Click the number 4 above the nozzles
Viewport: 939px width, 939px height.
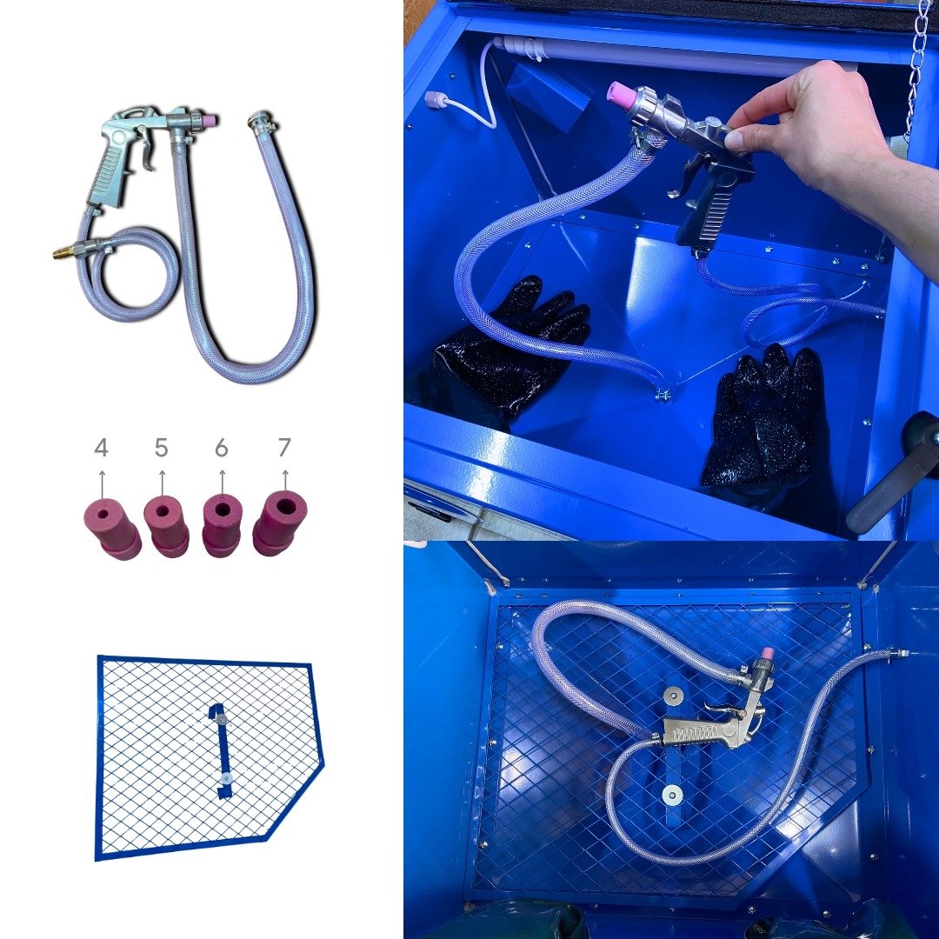click(x=101, y=448)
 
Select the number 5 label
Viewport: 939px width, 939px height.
click(x=161, y=448)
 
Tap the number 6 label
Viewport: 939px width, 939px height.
click(x=222, y=448)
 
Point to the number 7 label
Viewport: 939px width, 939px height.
click(x=284, y=447)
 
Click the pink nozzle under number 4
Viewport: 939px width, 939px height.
click(x=111, y=529)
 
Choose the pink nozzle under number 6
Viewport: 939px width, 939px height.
click(x=223, y=524)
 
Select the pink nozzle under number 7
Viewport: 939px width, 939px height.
click(x=279, y=523)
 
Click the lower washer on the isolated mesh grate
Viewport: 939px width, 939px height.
click(x=226, y=777)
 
